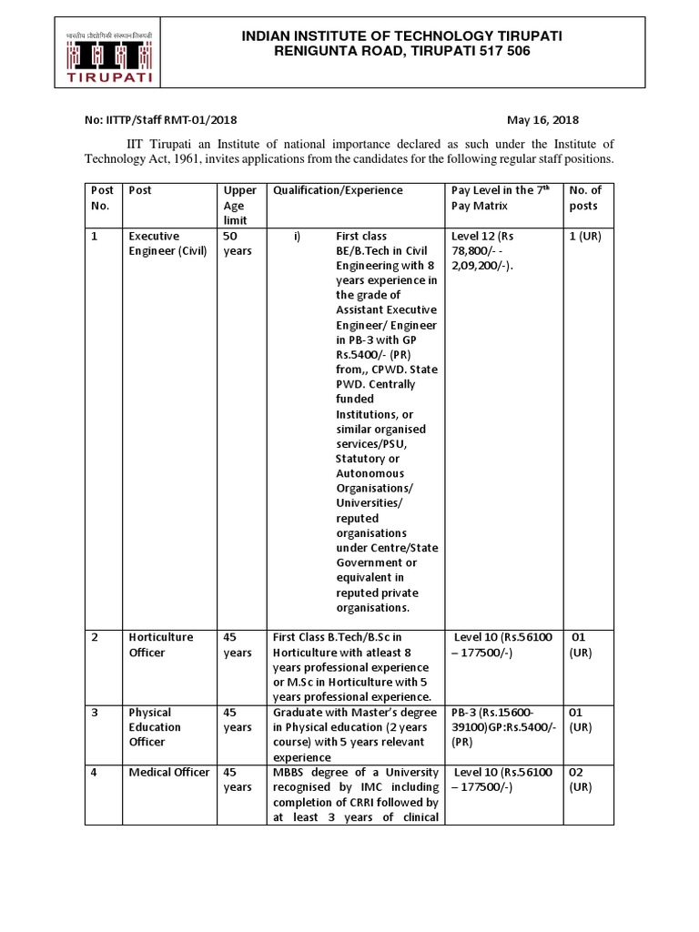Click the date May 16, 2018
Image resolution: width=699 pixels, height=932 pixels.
pyautogui.click(x=542, y=120)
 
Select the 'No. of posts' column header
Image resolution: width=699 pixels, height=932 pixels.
pyautogui.click(x=585, y=198)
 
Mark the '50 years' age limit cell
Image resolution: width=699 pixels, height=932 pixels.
pyautogui.click(x=238, y=243)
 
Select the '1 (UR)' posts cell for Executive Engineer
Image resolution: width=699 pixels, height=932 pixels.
pyautogui.click(x=584, y=236)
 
